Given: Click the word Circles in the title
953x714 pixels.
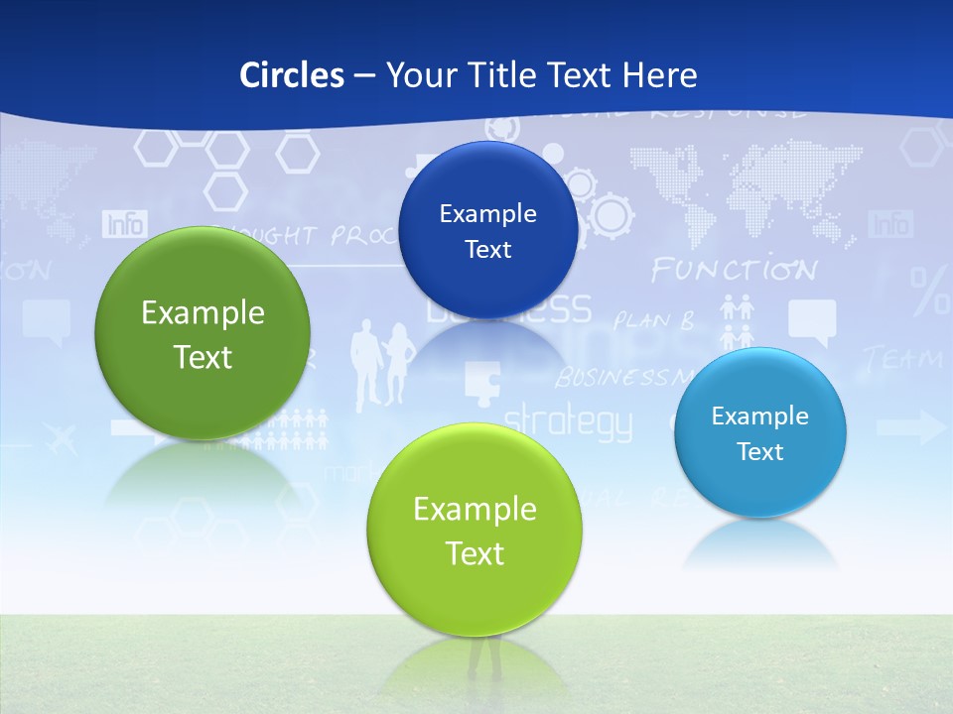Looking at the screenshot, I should pos(291,75).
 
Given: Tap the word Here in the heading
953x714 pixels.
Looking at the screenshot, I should pos(659,75).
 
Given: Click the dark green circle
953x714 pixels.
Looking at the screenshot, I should pos(203,333).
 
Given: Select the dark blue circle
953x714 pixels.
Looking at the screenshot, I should pos(487,230).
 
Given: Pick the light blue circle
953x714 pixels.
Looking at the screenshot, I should pos(760,432).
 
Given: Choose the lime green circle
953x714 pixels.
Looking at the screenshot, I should pos(475,530).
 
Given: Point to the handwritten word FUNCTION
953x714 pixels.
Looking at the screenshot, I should pos(734,270).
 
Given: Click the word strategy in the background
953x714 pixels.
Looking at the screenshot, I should pos(568,422).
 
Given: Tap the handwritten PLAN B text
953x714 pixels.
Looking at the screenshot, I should pos(653,320).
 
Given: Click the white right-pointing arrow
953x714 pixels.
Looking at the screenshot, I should pos(911,428).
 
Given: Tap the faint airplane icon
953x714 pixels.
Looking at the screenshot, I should pos(61,439).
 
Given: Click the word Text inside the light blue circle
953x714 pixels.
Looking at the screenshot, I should pos(760,452).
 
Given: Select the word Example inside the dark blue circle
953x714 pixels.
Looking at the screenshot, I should pos(487,213).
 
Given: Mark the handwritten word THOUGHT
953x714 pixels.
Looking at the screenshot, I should pos(271,236).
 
